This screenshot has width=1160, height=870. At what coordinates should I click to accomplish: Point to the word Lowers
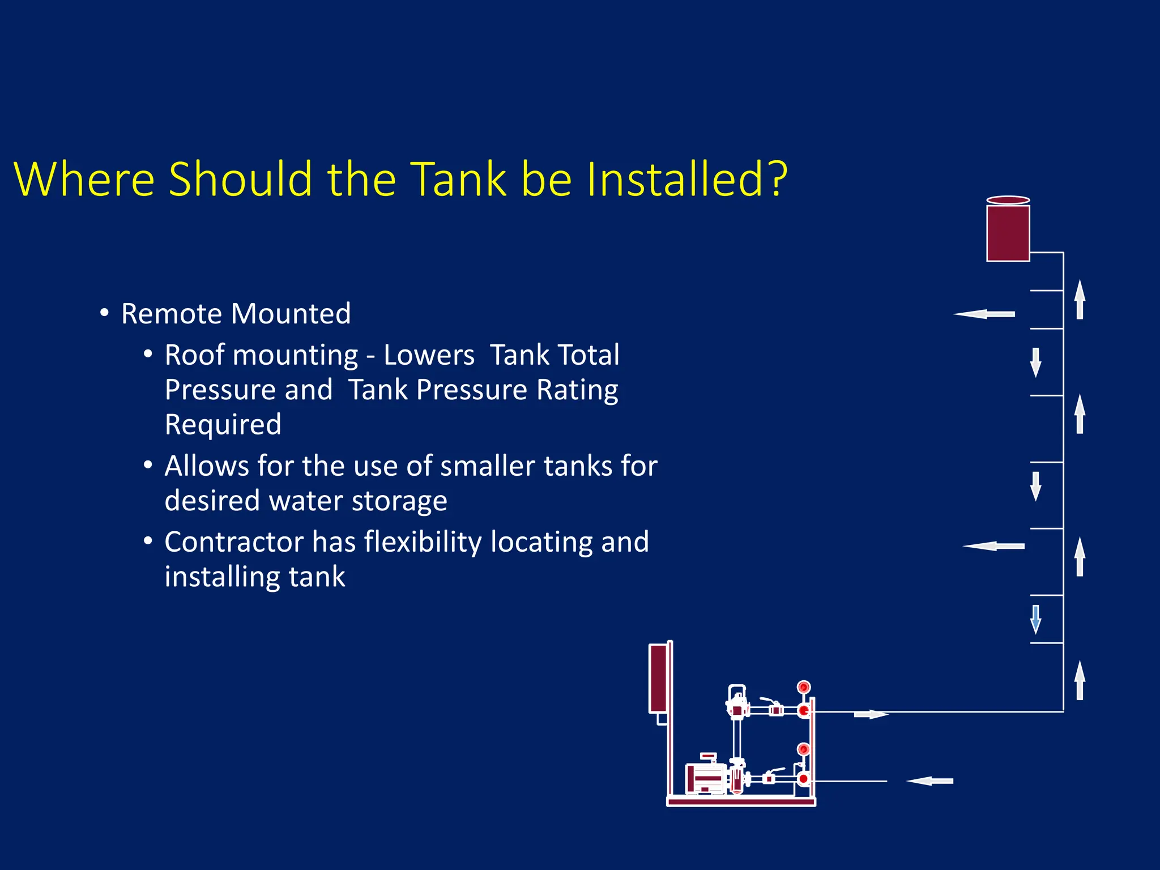tap(429, 356)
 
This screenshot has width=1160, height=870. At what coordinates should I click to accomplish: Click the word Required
tap(223, 425)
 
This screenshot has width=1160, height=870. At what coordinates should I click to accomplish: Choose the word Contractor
tap(234, 542)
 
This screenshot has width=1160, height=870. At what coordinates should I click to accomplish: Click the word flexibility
tap(424, 542)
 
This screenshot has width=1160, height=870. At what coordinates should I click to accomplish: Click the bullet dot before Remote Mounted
tap(104, 313)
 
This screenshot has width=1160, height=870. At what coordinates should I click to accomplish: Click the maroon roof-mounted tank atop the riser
tap(1008, 232)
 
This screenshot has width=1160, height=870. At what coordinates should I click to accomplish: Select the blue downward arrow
tap(1035, 619)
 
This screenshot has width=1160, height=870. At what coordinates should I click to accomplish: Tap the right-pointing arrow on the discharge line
tap(871, 715)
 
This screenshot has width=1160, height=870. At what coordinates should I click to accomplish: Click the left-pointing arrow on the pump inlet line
tap(929, 781)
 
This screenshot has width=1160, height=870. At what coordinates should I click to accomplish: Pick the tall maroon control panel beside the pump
tap(658, 678)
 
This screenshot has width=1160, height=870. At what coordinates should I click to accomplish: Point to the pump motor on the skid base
tap(705, 779)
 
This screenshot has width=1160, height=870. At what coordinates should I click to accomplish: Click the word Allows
tap(206, 466)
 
